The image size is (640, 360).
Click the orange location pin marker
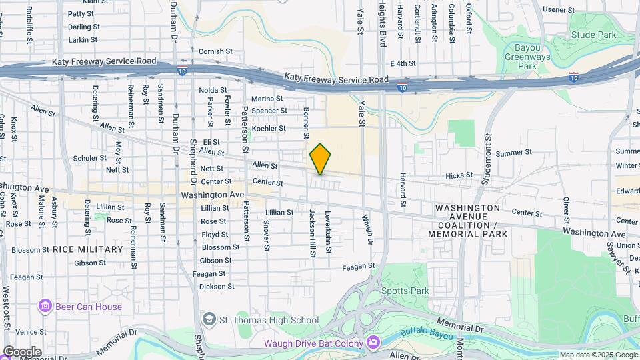[x=321, y=159]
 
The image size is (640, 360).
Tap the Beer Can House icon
[x=45, y=307]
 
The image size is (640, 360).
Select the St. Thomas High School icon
[x=210, y=320]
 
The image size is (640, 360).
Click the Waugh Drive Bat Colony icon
[x=373, y=343]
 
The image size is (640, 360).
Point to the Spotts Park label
[x=405, y=291]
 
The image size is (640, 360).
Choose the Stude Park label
[x=593, y=35]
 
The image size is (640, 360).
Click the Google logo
[x=22, y=352]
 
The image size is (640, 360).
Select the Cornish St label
[x=215, y=51]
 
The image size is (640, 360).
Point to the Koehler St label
[x=269, y=128]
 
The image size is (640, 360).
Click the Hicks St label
[x=459, y=175]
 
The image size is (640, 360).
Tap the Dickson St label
[x=217, y=287]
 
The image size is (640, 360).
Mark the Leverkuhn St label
[x=328, y=233]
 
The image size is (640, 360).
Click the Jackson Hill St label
[x=311, y=233]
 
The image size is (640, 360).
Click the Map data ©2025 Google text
[x=597, y=355]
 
